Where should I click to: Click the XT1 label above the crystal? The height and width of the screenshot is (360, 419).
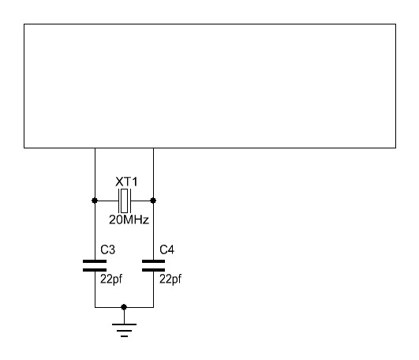point(127,182)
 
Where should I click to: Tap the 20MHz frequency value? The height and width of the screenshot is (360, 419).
point(129,219)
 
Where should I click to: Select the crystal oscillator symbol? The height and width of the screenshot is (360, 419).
point(125,201)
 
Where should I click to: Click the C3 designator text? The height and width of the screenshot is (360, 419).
point(107,249)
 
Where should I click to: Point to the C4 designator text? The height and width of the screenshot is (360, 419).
point(166,249)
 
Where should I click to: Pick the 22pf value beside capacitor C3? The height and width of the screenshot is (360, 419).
point(111,279)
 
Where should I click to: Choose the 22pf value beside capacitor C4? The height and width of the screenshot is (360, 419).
point(170,279)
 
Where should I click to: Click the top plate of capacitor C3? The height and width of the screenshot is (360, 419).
point(95,261)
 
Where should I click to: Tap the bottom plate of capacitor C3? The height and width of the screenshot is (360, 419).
point(95,270)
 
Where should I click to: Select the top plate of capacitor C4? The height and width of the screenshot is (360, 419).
point(153,261)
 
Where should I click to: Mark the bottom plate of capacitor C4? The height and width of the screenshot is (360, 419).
point(153,270)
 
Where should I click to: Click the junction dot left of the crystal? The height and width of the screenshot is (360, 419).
point(95,201)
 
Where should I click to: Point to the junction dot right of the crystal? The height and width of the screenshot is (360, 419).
point(153,201)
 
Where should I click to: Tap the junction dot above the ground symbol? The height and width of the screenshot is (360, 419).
point(124,307)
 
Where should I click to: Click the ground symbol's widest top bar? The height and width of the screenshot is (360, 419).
point(124,324)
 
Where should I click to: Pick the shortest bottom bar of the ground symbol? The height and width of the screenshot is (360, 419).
point(124,336)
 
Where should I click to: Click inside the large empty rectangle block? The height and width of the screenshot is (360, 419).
point(210,86)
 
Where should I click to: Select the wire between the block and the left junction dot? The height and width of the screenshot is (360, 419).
point(95,173)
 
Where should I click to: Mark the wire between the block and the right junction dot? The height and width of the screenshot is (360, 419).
point(153,173)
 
